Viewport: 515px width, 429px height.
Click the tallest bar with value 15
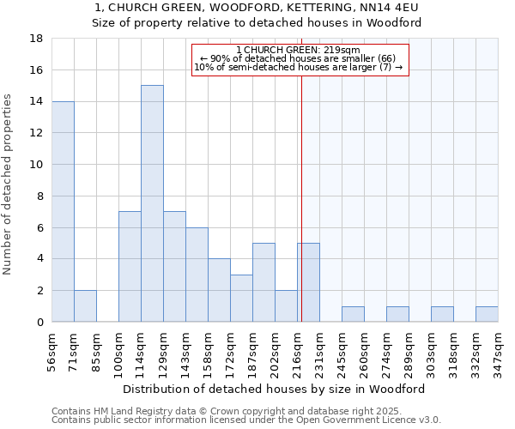pyautogui.click(x=152, y=203)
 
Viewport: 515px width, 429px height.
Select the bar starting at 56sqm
pyautogui.click(x=63, y=211)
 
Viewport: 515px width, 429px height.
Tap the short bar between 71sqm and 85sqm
pyautogui.click(x=85, y=306)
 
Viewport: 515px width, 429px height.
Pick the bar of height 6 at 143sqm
pyautogui.click(x=197, y=275)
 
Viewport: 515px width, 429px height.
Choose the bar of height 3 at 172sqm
pyautogui.click(x=241, y=299)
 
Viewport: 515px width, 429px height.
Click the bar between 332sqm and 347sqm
pyautogui.click(x=487, y=314)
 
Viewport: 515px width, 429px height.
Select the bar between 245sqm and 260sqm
pyautogui.click(x=353, y=314)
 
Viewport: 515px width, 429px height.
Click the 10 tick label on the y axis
pyautogui.click(x=37, y=165)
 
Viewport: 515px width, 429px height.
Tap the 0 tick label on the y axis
pyautogui.click(x=39, y=322)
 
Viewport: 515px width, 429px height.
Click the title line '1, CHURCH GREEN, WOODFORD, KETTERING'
pyautogui.click(x=257, y=8)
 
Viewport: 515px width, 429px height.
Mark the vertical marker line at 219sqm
pyautogui.click(x=301, y=197)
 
